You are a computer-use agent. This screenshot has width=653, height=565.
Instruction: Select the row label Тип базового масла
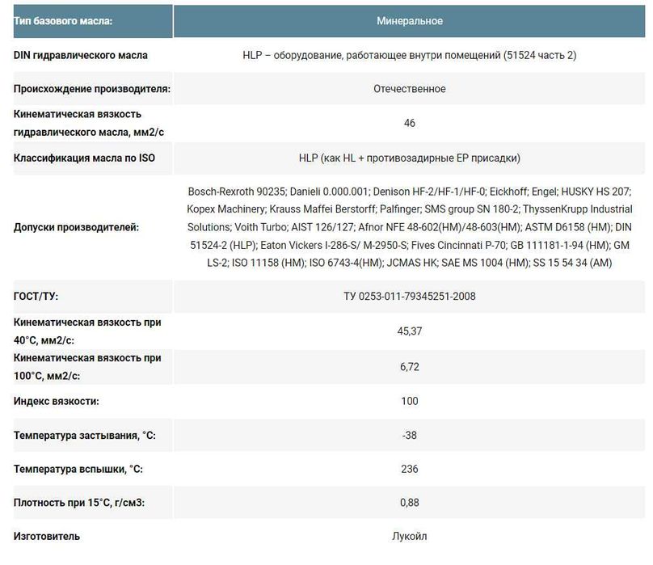tap(63, 20)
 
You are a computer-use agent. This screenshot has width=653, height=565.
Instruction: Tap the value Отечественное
tap(409, 89)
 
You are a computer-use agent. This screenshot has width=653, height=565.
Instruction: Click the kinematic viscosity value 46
tap(409, 124)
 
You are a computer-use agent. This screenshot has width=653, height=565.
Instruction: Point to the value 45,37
tap(409, 331)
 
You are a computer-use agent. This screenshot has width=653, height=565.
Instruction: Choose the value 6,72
tap(409, 366)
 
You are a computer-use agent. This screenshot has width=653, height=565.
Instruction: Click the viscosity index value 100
tap(409, 401)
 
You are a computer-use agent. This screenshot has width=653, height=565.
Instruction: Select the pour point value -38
tap(409, 435)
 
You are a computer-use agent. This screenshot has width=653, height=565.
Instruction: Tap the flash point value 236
tap(409, 469)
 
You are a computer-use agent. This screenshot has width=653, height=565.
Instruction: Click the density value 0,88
tap(409, 503)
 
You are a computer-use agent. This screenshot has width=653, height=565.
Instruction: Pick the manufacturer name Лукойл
tap(409, 536)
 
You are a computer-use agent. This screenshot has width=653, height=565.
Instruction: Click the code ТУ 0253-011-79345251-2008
tap(409, 296)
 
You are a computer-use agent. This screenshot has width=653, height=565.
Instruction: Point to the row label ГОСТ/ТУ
tap(36, 296)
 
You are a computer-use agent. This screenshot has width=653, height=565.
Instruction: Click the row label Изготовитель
tap(47, 536)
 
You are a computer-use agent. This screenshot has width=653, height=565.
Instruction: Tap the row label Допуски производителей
tap(76, 227)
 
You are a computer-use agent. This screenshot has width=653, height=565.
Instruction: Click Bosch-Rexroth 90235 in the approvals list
tap(235, 192)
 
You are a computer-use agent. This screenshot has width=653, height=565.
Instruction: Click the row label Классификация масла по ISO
tap(84, 158)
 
